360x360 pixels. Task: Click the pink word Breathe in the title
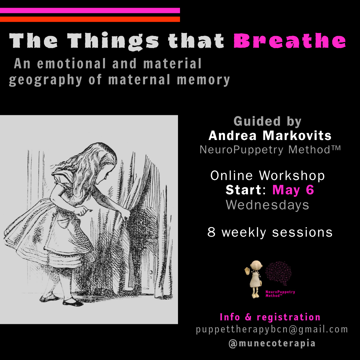click(x=289, y=41)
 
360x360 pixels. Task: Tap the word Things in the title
click(x=113, y=42)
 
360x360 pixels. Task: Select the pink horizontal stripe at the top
click(x=90, y=10)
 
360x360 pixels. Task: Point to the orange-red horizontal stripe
click(x=90, y=19)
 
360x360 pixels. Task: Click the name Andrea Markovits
click(x=270, y=136)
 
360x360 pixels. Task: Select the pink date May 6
click(x=293, y=190)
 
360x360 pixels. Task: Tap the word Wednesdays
click(x=267, y=205)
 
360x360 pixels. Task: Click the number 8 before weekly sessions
click(x=212, y=232)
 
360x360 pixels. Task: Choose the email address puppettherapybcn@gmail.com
click(x=272, y=329)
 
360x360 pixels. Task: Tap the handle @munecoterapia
click(x=272, y=343)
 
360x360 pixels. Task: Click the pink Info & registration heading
click(x=270, y=317)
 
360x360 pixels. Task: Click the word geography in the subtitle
click(x=45, y=80)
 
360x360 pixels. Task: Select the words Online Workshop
click(x=267, y=176)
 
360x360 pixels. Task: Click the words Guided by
click(x=267, y=121)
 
